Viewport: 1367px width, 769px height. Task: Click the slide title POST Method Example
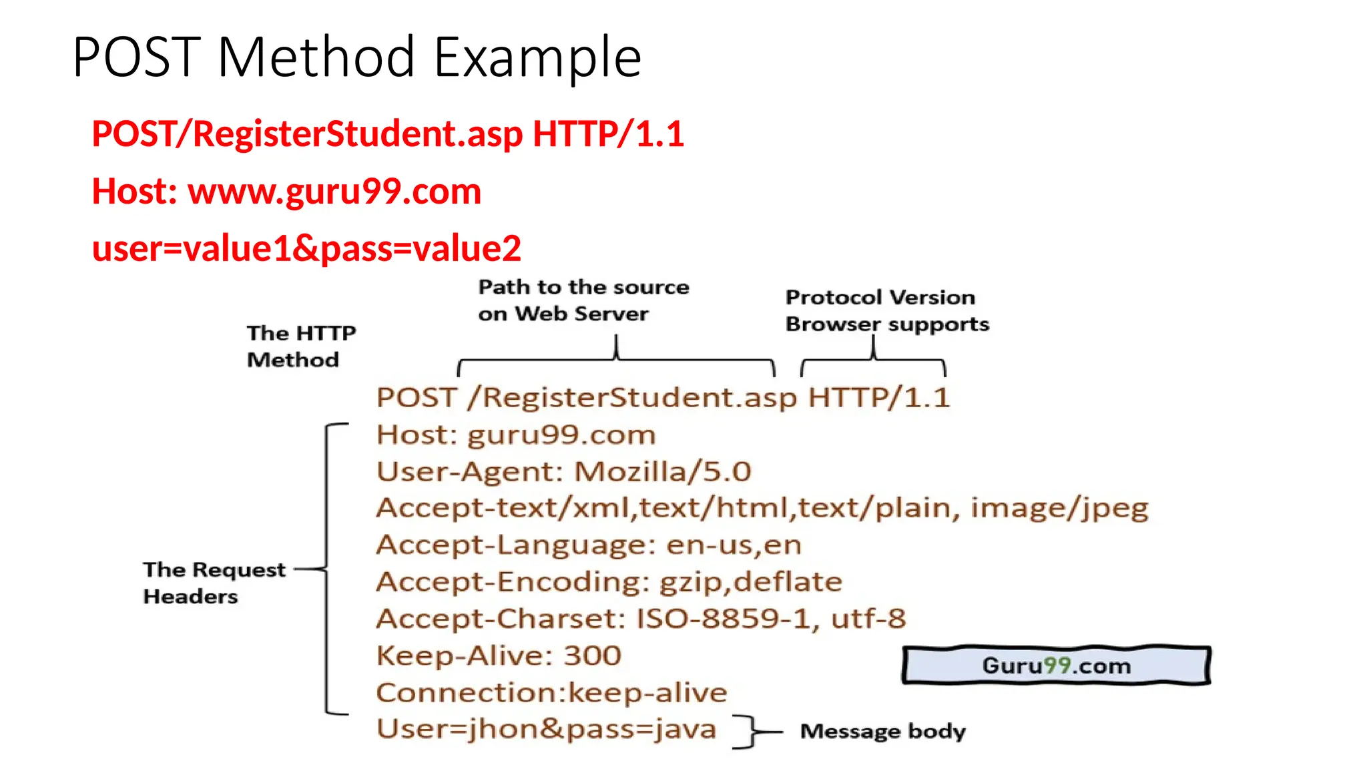pos(356,57)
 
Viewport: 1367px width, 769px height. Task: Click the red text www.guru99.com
pos(334,192)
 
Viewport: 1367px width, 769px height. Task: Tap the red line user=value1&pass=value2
pos(306,248)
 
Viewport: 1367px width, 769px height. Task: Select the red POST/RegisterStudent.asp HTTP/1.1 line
pos(387,134)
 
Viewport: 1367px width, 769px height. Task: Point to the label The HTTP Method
pos(300,346)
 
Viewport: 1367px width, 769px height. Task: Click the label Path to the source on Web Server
pos(583,300)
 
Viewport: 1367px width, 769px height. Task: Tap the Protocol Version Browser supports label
pos(886,310)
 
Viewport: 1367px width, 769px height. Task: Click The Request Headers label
pos(214,582)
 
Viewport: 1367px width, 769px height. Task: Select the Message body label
pos(882,731)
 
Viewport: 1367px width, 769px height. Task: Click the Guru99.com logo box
pos(1056,666)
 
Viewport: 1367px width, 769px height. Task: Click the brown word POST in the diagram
pos(416,398)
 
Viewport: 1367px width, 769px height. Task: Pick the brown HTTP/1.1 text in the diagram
pos(878,398)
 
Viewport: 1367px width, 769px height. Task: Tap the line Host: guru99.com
pos(515,435)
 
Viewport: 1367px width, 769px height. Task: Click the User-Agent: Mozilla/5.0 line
pos(563,472)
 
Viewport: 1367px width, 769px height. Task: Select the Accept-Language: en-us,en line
pos(589,545)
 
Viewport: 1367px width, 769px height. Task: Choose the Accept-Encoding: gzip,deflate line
pos(609,582)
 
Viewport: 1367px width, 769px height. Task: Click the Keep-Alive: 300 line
pos(499,656)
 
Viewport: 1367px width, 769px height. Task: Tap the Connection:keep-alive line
pos(551,693)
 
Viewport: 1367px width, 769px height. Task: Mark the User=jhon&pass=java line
pos(546,729)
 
